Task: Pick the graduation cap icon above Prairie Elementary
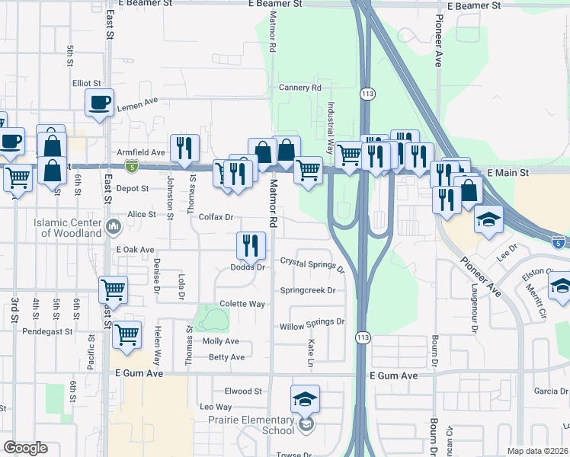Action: pos(305,398)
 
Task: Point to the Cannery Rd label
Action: pos(301,88)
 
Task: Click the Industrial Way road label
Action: pos(331,129)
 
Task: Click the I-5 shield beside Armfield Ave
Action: pos(132,165)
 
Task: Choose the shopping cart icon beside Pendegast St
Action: pos(126,334)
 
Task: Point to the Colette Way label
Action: pos(242,304)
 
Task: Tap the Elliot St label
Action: pos(87,83)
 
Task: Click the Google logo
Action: pos(25,448)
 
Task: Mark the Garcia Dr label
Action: pos(551,391)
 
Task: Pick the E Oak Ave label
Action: pos(136,250)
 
